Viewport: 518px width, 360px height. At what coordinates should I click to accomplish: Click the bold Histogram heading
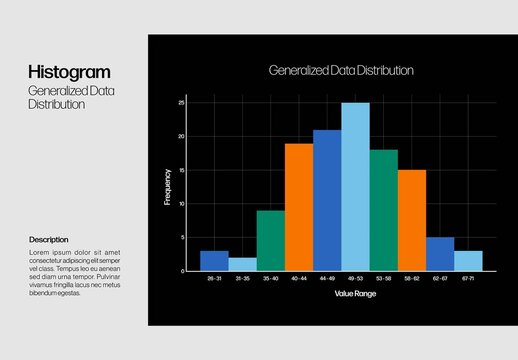coord(69,72)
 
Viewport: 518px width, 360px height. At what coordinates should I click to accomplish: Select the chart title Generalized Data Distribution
coord(341,71)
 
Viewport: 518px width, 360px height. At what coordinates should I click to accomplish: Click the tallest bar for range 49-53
coord(355,187)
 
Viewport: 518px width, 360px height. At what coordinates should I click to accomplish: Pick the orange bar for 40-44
coord(298,207)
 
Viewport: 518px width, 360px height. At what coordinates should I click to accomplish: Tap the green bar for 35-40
coord(270,240)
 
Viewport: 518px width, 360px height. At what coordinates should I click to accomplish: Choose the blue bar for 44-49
coord(327,200)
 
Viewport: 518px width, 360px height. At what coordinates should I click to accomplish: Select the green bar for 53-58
coord(383,210)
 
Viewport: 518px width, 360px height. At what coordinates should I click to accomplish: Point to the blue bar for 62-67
coord(440,254)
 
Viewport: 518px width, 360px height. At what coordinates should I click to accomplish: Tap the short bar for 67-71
coord(468,261)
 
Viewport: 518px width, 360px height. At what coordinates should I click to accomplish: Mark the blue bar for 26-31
coord(214,261)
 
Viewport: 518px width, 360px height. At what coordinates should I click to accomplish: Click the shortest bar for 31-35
coord(242,264)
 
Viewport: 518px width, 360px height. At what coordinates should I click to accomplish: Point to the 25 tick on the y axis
coord(182,102)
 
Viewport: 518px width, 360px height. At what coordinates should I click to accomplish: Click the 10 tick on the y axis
coord(182,203)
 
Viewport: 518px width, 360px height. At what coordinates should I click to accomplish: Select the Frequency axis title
coord(167,187)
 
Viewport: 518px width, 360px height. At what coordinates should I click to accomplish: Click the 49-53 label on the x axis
coord(355,279)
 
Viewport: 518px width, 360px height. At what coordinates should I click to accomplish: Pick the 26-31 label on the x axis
coord(214,279)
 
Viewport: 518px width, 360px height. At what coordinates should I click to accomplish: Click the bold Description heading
coord(49,240)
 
